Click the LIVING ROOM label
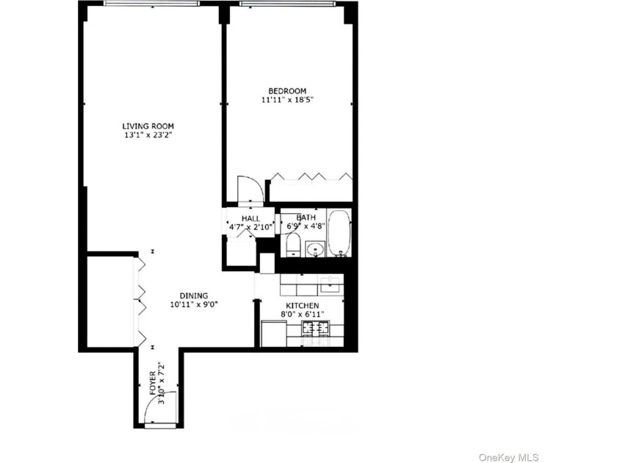click(x=148, y=126)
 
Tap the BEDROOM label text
click(x=287, y=91)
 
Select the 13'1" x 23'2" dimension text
click(x=148, y=135)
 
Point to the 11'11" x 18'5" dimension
click(x=287, y=100)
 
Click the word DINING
click(x=194, y=295)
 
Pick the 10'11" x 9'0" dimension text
click(x=194, y=304)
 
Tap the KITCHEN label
click(x=302, y=306)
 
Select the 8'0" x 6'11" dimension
click(x=302, y=315)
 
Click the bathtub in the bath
click(x=339, y=233)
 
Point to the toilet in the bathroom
click(x=293, y=245)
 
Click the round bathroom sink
click(x=315, y=249)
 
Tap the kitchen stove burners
click(x=315, y=328)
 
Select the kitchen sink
click(x=330, y=284)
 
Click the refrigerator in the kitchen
click(x=274, y=334)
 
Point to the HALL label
click(x=250, y=218)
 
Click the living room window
click(x=152, y=4)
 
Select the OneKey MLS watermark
click(x=508, y=457)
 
